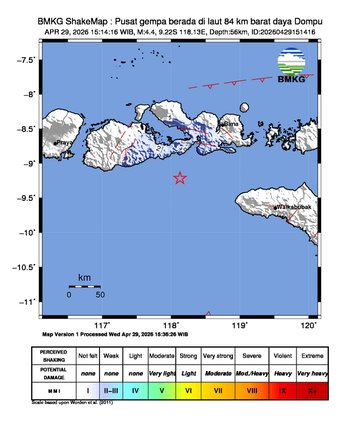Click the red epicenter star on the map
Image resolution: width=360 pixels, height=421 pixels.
tap(180, 178)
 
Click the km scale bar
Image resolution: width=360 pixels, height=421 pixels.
tap(85, 285)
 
